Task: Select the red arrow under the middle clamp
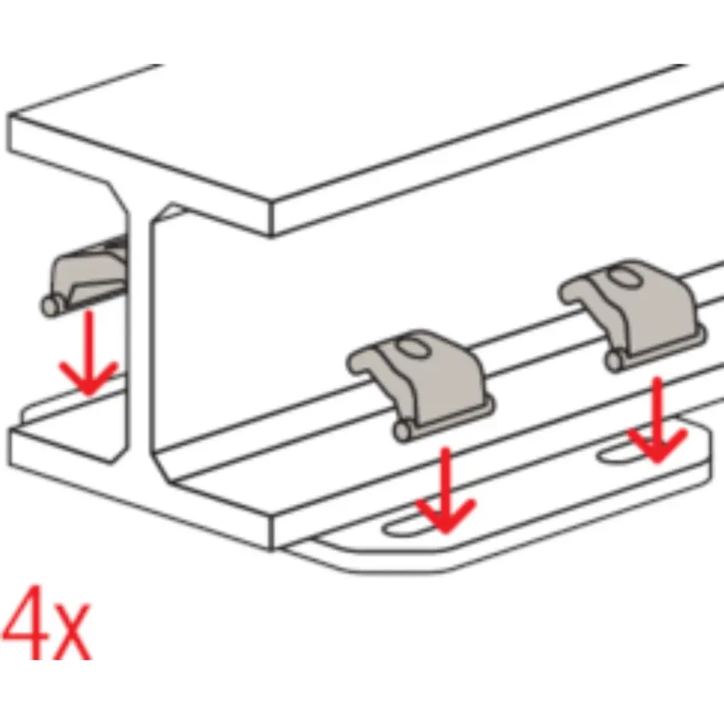[x=445, y=489]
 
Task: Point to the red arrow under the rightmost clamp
[x=657, y=420]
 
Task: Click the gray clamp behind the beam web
[x=85, y=277]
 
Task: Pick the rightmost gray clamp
[x=633, y=314]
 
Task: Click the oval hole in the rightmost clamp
[x=623, y=277]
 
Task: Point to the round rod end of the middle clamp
[x=403, y=432]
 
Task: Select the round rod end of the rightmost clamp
[x=615, y=361]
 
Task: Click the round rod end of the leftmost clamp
[x=51, y=306]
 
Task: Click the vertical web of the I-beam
[x=138, y=323]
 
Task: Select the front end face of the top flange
[x=138, y=175]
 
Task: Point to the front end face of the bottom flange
[x=138, y=489]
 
